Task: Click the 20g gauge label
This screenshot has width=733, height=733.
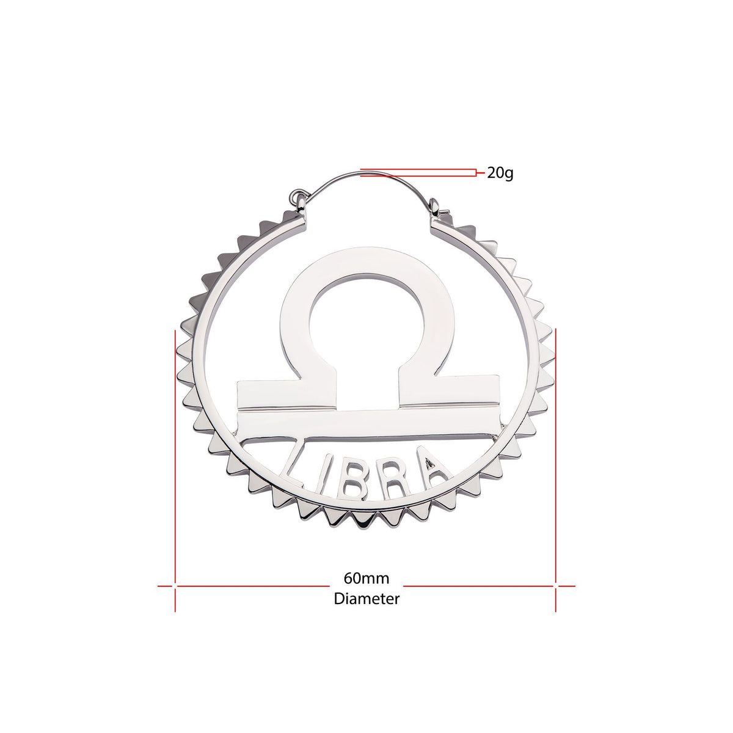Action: click(500, 173)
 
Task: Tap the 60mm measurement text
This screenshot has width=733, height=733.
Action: click(366, 578)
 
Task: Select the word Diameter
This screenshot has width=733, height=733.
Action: click(366, 599)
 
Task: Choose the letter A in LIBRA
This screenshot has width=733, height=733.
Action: click(434, 467)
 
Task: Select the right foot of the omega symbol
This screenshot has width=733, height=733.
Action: click(449, 394)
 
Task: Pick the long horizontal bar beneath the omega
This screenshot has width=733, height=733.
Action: click(366, 424)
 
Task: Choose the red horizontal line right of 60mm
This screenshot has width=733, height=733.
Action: click(483, 586)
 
